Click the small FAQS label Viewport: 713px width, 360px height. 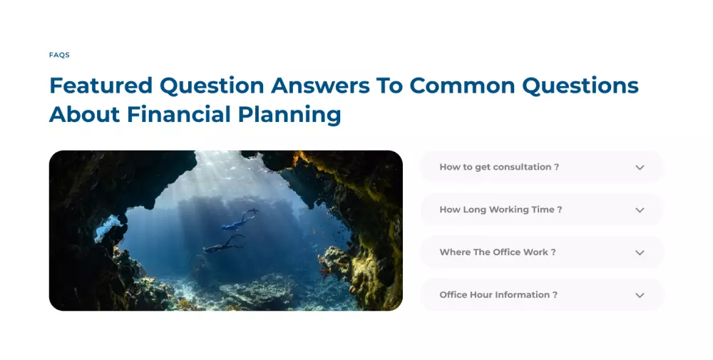pos(59,55)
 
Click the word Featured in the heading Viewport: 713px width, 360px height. pos(101,86)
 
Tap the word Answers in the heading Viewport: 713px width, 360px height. pos(320,86)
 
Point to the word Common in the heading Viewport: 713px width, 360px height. pos(462,86)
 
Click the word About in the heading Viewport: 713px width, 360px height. pos(85,114)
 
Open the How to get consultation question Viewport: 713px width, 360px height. pos(499,167)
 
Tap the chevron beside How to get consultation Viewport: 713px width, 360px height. pos(640,168)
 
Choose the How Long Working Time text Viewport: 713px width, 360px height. pos(501,210)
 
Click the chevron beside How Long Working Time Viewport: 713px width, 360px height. pos(640,210)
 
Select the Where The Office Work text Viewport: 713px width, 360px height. pos(498,252)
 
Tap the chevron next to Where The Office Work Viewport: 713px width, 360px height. pos(640,253)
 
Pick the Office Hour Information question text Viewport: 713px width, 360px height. pos(498,294)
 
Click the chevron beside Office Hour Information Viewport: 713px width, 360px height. pos(640,295)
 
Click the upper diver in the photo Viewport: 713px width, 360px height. pos(239,220)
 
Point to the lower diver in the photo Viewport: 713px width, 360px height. pos(224,245)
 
